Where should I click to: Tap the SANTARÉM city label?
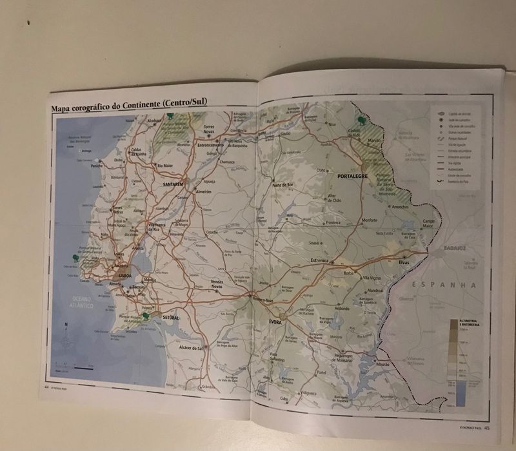[x=174, y=184]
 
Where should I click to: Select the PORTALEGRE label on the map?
[x=352, y=175]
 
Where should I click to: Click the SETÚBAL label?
[x=171, y=318]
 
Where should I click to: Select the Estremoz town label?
[x=319, y=260]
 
